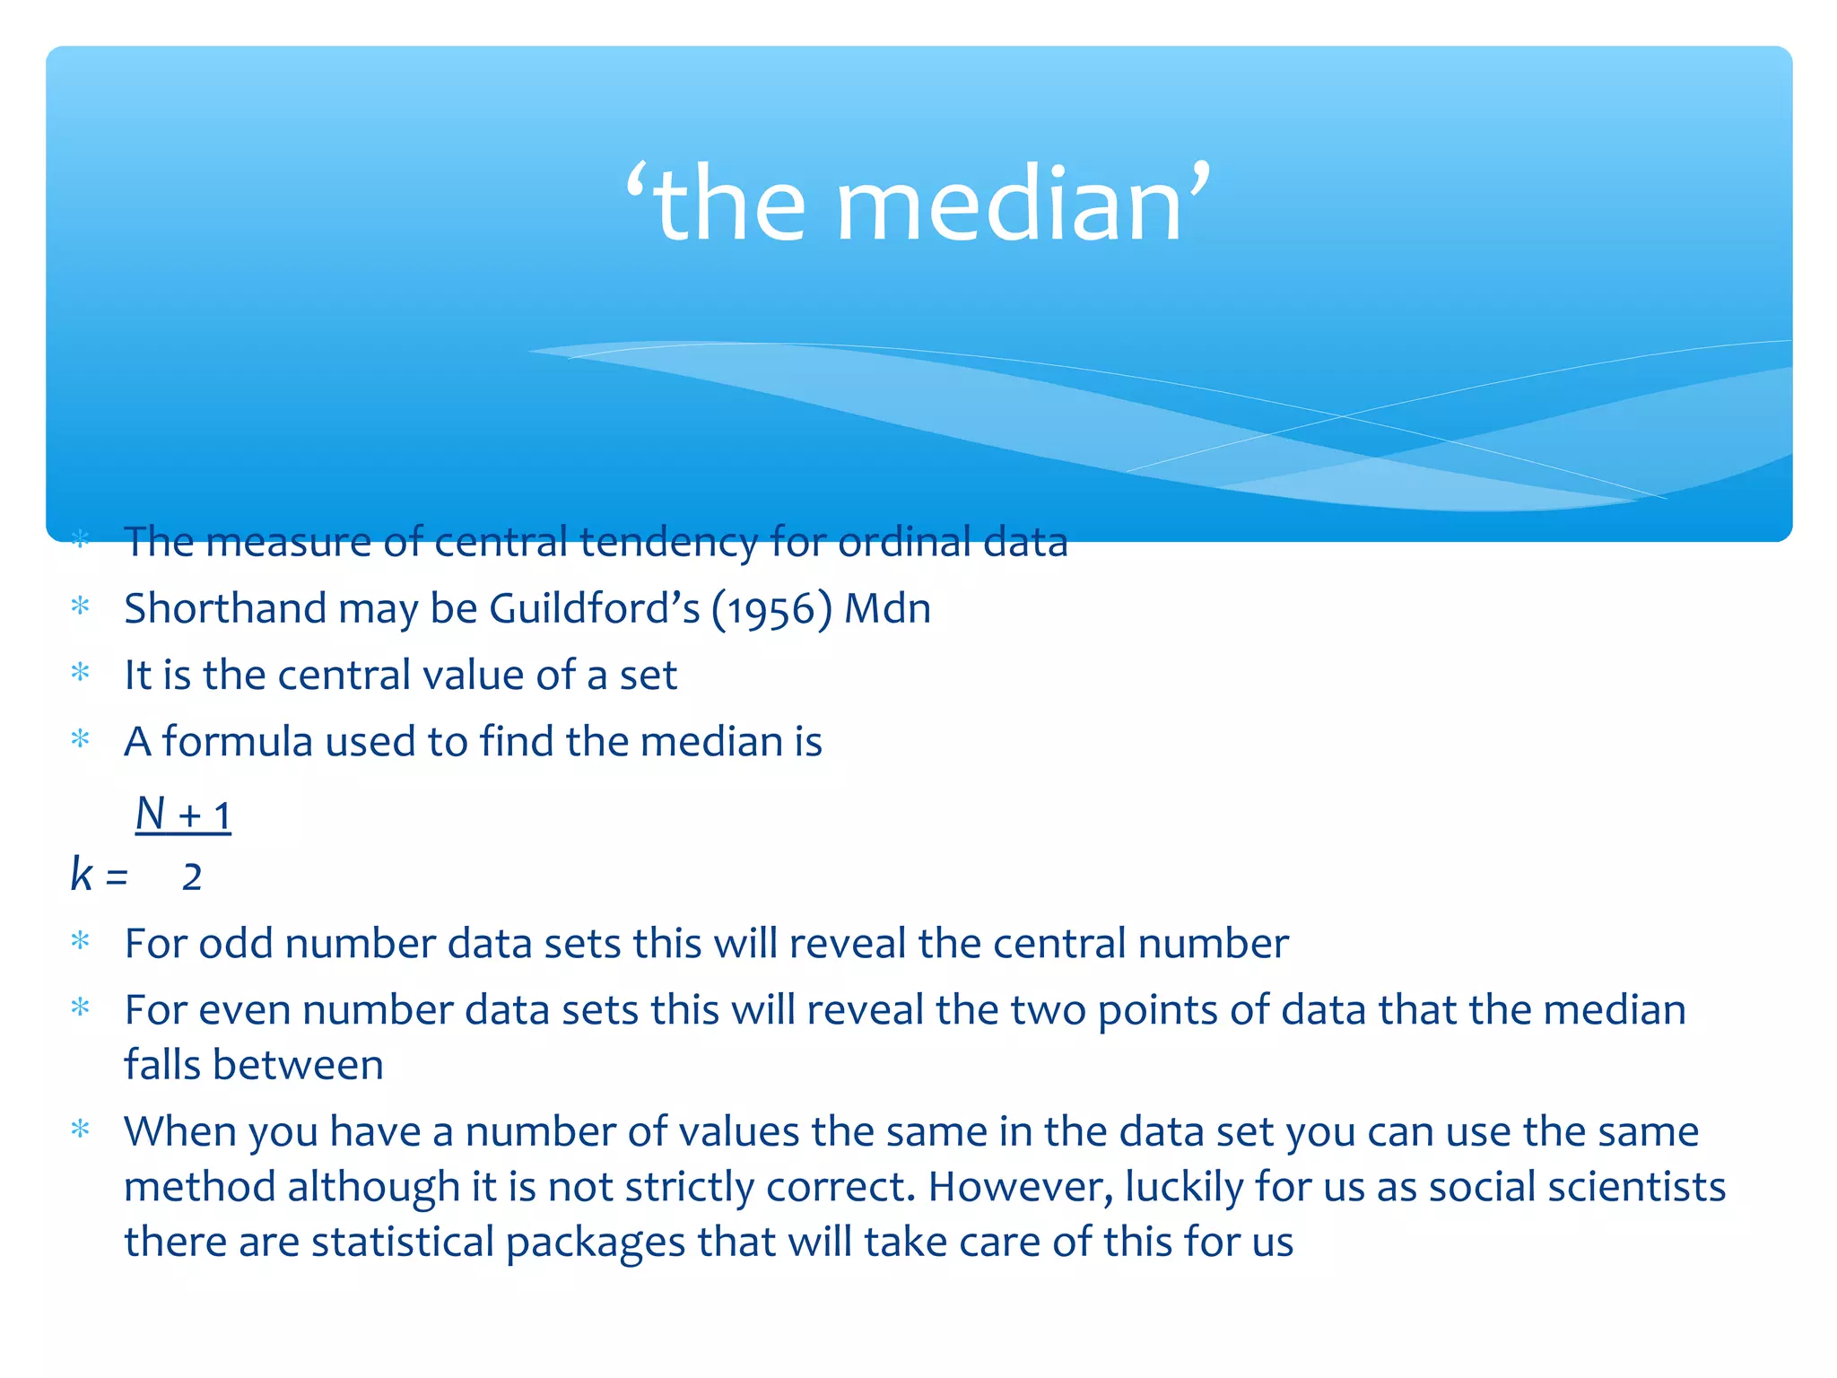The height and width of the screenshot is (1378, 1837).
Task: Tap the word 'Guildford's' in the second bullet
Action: (x=594, y=609)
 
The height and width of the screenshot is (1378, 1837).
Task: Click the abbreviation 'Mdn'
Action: (x=888, y=609)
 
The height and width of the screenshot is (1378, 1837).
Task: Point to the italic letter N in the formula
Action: (x=151, y=814)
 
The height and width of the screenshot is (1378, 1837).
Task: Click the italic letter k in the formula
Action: (x=82, y=874)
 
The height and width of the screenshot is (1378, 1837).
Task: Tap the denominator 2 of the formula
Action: (x=192, y=877)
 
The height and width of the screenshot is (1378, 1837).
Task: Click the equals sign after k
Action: (x=117, y=877)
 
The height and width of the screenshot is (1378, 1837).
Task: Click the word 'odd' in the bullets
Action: (x=236, y=944)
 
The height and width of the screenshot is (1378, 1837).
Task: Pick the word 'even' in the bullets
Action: (x=244, y=1011)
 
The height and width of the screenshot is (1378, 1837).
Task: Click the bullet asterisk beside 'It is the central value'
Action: (x=81, y=673)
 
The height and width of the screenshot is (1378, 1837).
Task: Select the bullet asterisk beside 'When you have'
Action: (x=81, y=1129)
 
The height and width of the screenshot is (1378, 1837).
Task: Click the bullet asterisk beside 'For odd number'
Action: (x=81, y=942)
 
